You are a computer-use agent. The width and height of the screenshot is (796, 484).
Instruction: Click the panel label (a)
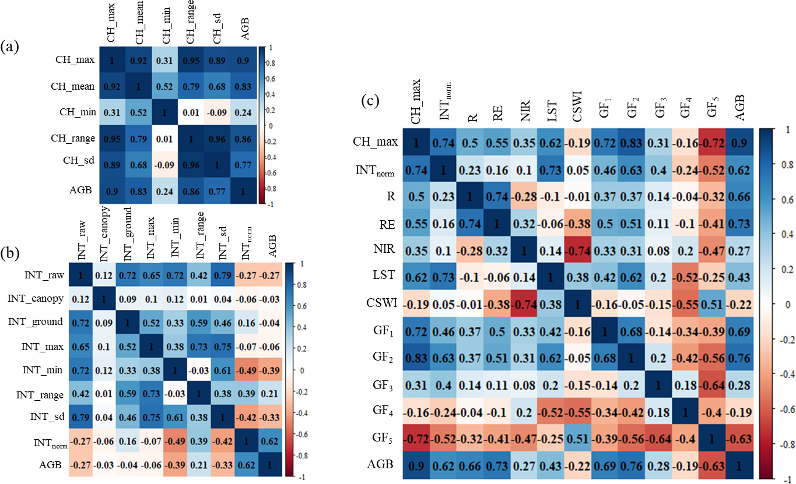click(x=9, y=47)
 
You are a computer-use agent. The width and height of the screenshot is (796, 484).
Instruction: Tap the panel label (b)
click(x=10, y=253)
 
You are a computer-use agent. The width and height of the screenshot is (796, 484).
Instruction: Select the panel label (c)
click(x=370, y=101)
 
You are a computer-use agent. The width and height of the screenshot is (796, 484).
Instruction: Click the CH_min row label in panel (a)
click(x=78, y=112)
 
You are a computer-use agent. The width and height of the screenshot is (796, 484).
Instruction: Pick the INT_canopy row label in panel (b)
click(x=36, y=299)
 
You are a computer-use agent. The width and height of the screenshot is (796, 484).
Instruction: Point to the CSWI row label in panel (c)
click(x=381, y=303)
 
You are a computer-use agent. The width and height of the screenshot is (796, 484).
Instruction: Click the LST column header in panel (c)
click(x=552, y=111)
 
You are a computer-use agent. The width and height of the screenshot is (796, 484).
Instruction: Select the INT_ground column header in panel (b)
click(x=128, y=234)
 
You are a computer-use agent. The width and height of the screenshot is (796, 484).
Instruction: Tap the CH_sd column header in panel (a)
click(x=217, y=29)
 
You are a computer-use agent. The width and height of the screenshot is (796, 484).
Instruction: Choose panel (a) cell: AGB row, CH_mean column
click(x=138, y=191)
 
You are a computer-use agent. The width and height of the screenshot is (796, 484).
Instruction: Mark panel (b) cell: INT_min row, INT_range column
click(x=199, y=370)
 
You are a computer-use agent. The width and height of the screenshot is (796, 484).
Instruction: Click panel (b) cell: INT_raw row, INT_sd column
click(x=222, y=275)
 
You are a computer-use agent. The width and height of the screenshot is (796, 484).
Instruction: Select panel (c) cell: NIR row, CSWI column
click(x=578, y=250)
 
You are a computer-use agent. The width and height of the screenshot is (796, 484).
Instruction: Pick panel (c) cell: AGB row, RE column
click(x=497, y=465)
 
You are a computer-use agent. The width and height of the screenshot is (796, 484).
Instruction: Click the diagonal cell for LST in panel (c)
click(x=551, y=277)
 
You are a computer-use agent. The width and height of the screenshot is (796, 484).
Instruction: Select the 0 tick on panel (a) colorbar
click(x=271, y=126)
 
